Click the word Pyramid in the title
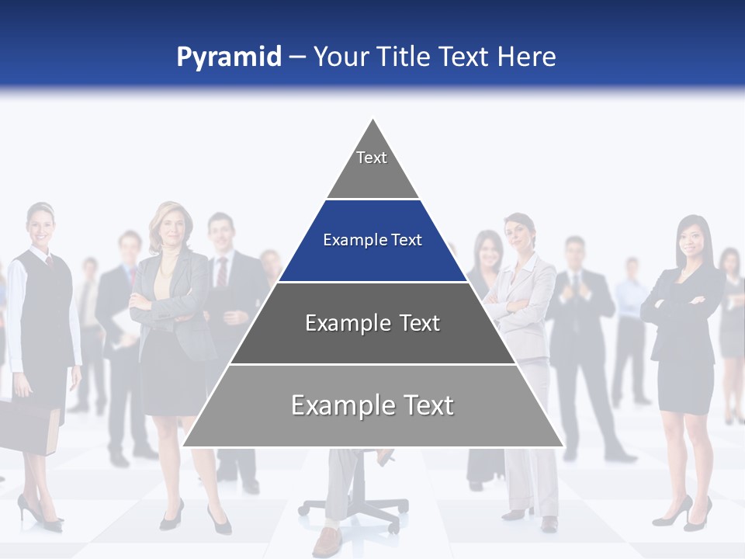point(229,57)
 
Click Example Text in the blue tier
point(372,240)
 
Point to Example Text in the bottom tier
point(372,405)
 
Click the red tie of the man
point(222,272)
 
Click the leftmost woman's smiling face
point(40,226)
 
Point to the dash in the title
point(297,57)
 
